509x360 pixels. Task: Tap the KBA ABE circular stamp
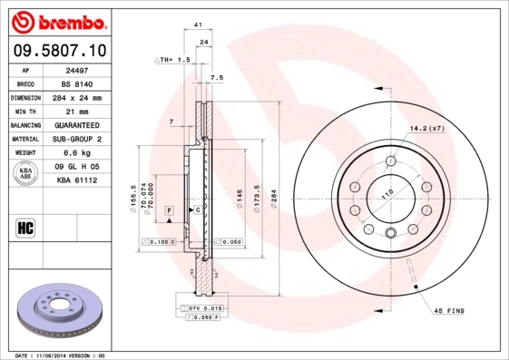coord(26,173)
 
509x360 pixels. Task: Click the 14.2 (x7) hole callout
coord(426,128)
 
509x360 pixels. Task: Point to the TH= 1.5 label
coord(173,59)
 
